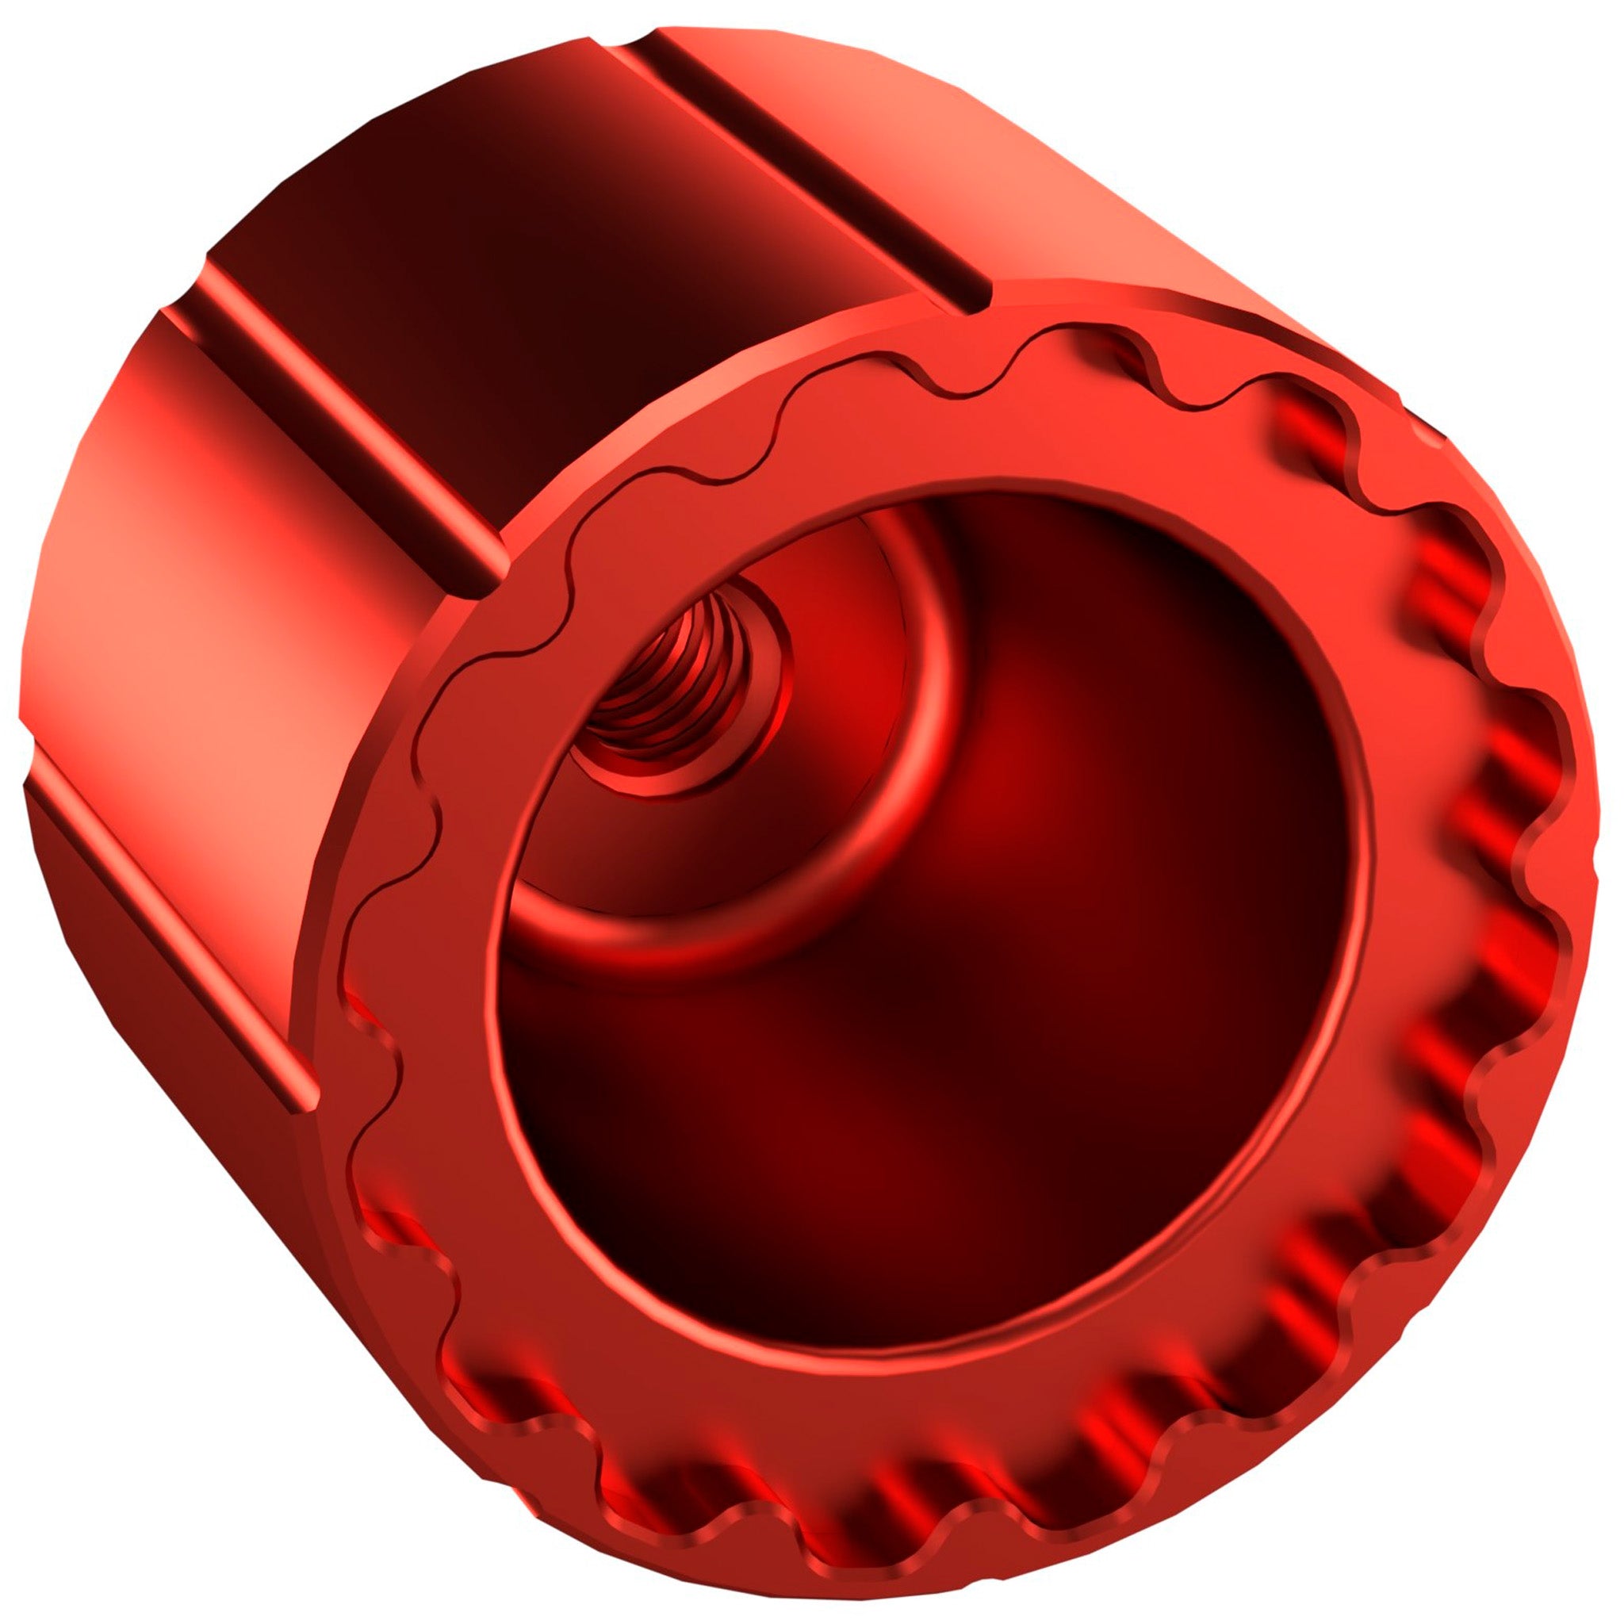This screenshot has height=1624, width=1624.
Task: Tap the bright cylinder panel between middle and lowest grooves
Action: pos(210,588)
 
